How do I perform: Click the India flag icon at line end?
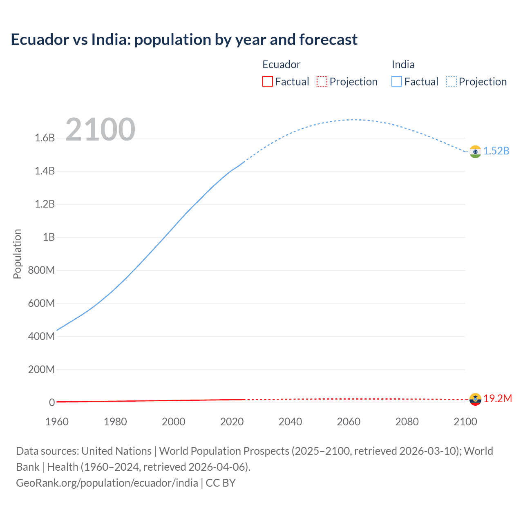coord(475,152)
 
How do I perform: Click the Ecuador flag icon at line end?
coord(475,399)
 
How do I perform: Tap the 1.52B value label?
coord(496,151)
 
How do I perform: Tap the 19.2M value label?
coord(498,399)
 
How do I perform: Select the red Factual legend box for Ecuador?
coord(267,82)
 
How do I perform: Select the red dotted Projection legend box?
coord(322,82)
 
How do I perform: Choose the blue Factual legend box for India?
coord(397,82)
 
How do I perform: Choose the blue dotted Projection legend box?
coord(451,82)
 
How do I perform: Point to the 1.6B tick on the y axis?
coord(45,138)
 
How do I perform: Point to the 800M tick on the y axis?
coord(41,270)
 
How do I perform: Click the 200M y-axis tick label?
coord(41,370)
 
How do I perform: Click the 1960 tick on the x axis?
coord(57,422)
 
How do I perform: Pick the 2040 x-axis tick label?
coord(290,422)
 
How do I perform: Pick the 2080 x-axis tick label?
coord(407,422)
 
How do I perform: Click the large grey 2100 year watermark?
coord(100,130)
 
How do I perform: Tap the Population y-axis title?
coord(17,254)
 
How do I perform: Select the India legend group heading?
coord(403,65)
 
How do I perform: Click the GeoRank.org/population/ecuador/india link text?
coord(107,483)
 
